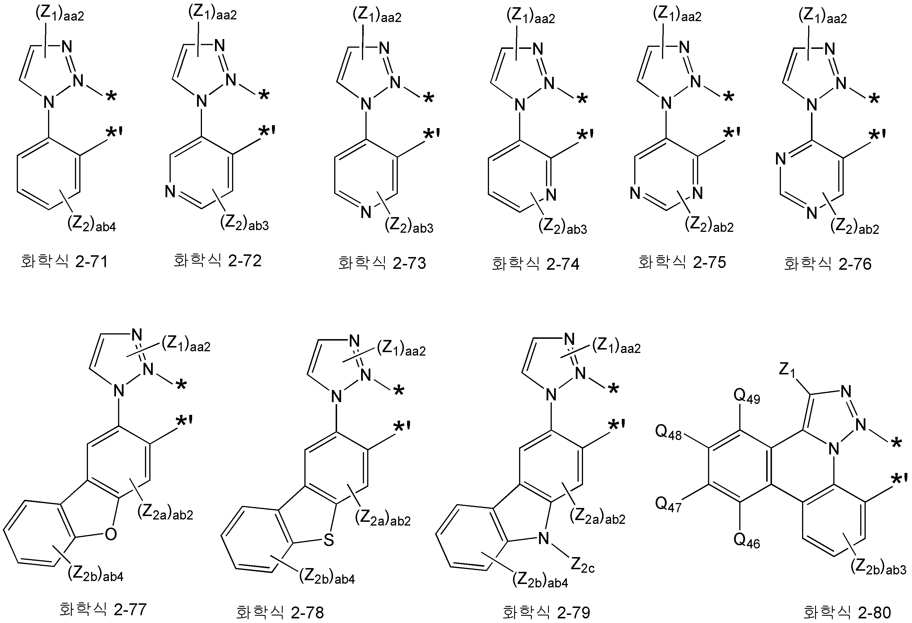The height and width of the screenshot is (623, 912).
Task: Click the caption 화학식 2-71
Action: click(64, 262)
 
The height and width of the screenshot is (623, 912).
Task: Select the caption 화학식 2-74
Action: click(536, 264)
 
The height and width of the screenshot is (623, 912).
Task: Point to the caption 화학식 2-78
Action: click(280, 612)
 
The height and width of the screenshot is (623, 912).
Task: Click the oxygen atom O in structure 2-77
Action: click(111, 534)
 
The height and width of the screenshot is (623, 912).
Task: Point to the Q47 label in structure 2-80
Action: click(669, 504)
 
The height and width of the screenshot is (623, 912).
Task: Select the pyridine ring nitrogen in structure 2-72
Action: click(170, 191)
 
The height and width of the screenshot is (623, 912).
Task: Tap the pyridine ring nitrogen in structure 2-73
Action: click(366, 212)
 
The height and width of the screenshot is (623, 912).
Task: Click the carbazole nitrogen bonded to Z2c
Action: click(543, 538)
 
